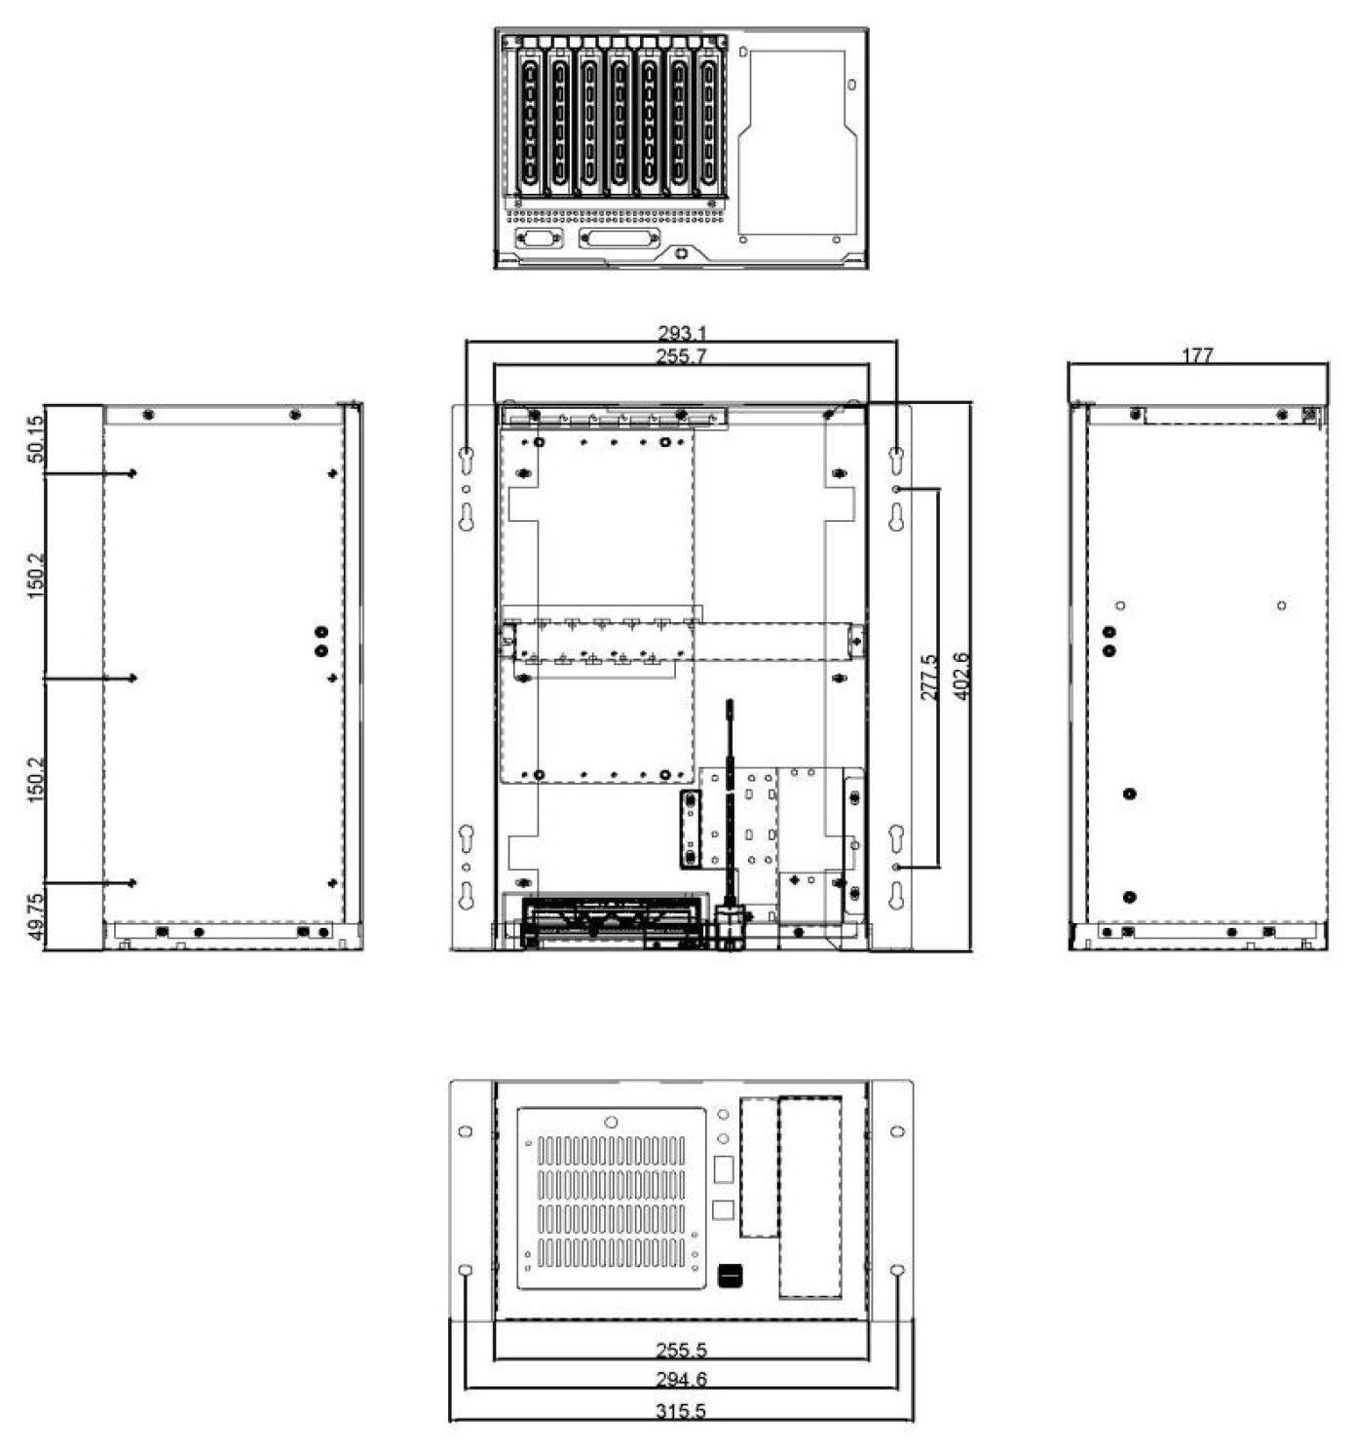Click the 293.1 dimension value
tap(682, 334)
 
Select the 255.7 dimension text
tap(680, 357)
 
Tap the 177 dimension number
tap(1196, 355)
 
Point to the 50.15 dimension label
tap(35, 438)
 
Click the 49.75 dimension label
tap(35, 917)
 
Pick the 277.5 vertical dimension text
tap(929, 677)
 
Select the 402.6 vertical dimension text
tap(960, 677)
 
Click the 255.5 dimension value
tap(681, 1351)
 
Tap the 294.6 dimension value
tap(681, 1380)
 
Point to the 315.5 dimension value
tap(681, 1411)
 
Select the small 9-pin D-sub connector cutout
tap(539, 238)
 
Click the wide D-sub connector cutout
tap(620, 239)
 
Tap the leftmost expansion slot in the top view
tap(529, 122)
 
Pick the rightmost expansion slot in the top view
tap(708, 122)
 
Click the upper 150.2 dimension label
tap(35, 575)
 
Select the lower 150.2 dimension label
tap(35, 779)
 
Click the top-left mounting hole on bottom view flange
tap(466, 1131)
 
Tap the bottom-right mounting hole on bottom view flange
tap(898, 1271)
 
